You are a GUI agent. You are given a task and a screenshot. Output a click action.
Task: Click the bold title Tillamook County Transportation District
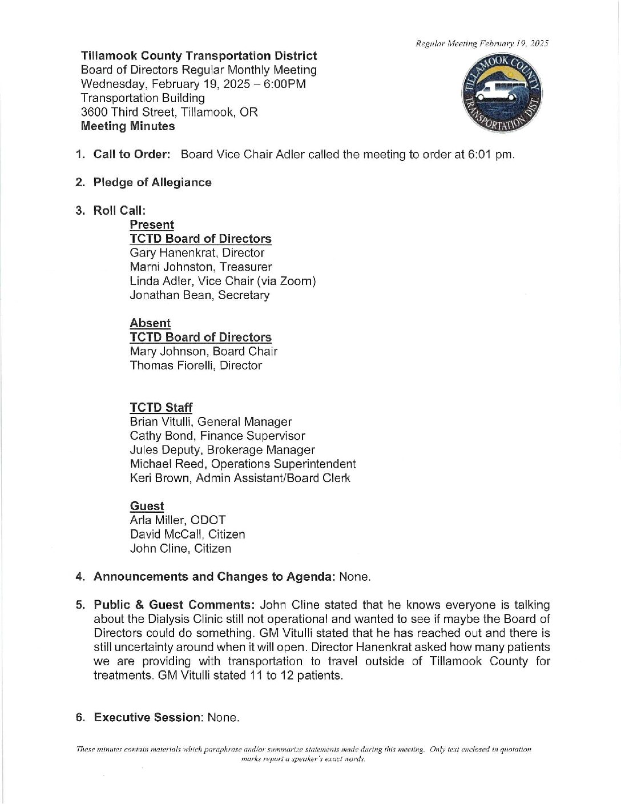coord(199,56)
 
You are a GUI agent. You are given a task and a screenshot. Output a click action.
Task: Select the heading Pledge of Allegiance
coord(152,183)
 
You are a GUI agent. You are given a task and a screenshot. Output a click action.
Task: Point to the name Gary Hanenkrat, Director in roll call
coord(197,253)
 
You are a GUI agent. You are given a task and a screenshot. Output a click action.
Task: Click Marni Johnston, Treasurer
coord(200,267)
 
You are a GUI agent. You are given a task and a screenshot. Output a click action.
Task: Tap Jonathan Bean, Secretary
coord(199,295)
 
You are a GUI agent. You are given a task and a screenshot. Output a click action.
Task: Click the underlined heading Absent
coord(150,323)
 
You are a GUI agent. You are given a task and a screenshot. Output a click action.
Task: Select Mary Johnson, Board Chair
coord(203,352)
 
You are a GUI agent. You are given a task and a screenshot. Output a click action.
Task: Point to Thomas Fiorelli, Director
coord(196,365)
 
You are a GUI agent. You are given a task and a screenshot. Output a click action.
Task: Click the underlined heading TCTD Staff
coord(161,408)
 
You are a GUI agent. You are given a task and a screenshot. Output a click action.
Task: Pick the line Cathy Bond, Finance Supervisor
coord(217,436)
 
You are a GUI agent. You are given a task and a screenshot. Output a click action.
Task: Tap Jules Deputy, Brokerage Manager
coord(222,451)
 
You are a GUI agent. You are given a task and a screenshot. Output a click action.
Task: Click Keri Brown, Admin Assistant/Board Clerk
coord(240,479)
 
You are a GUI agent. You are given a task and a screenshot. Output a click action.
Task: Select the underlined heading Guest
coord(147,506)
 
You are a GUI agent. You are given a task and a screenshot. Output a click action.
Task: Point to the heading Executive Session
coord(148,718)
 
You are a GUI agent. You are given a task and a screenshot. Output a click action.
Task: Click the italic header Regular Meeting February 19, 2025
coord(482,43)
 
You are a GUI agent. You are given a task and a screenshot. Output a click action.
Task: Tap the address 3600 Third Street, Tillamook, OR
coord(169,112)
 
